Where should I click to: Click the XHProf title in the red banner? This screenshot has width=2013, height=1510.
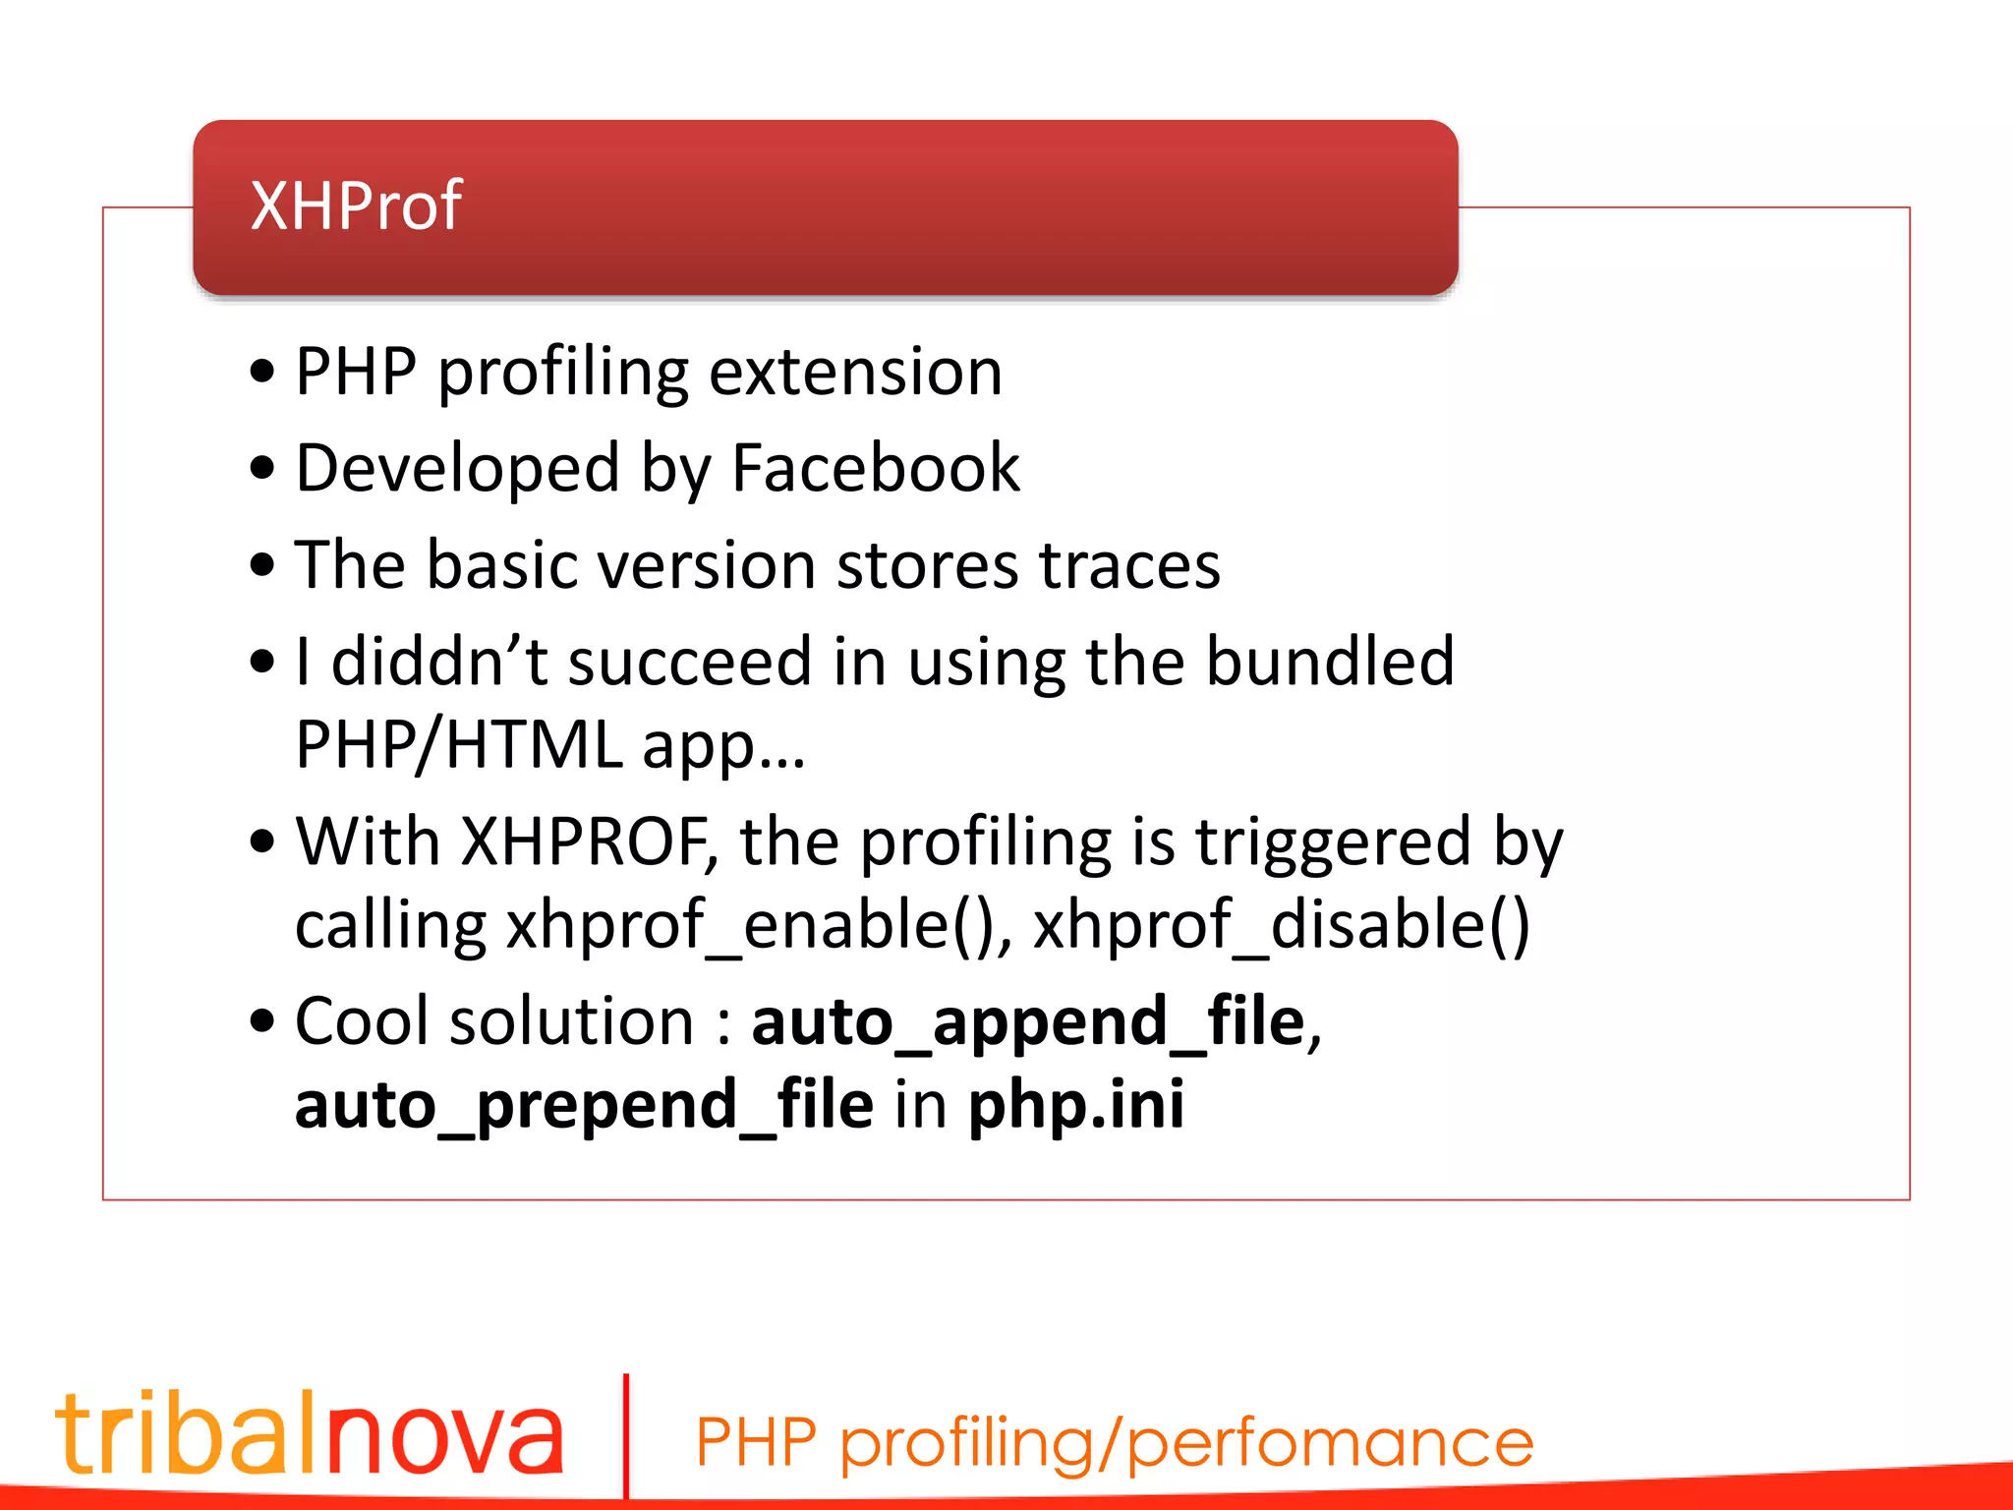click(356, 205)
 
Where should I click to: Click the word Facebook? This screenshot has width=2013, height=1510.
click(876, 468)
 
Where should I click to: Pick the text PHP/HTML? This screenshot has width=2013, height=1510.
click(458, 744)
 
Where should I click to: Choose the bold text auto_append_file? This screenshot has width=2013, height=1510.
click(1028, 1022)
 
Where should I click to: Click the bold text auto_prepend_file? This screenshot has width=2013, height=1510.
click(584, 1105)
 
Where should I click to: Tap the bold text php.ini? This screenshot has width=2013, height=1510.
click(1076, 1105)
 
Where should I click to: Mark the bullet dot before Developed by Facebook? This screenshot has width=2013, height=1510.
click(261, 468)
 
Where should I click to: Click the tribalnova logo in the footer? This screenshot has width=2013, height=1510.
click(311, 1433)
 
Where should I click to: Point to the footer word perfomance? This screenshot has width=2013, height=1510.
click(1330, 1443)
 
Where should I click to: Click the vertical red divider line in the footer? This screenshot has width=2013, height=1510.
click(626, 1435)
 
